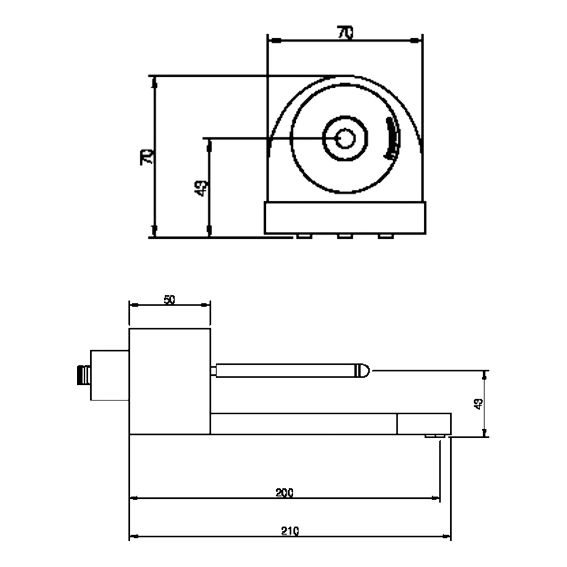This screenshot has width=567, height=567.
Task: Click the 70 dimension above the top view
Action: pyautogui.click(x=345, y=33)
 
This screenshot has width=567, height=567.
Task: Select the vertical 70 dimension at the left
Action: pyautogui.click(x=146, y=156)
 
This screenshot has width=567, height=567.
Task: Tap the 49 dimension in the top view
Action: pyautogui.click(x=200, y=188)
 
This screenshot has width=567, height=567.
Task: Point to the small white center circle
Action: pyautogui.click(x=345, y=138)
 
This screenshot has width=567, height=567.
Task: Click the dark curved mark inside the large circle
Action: pyautogui.click(x=390, y=139)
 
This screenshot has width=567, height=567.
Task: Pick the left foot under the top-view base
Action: pyautogui.click(x=303, y=235)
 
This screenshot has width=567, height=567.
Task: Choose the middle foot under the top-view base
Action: pyautogui.click(x=345, y=235)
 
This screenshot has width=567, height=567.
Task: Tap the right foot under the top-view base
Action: pyautogui.click(x=386, y=235)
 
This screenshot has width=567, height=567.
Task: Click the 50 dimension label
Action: pyautogui.click(x=170, y=300)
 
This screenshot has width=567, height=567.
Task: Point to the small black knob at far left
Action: pyautogui.click(x=82, y=375)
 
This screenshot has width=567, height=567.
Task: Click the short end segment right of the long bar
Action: pyautogui.click(x=424, y=424)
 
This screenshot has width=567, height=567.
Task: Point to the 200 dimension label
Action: pyautogui.click(x=284, y=492)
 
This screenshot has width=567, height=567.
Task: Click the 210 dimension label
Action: pyautogui.click(x=290, y=531)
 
